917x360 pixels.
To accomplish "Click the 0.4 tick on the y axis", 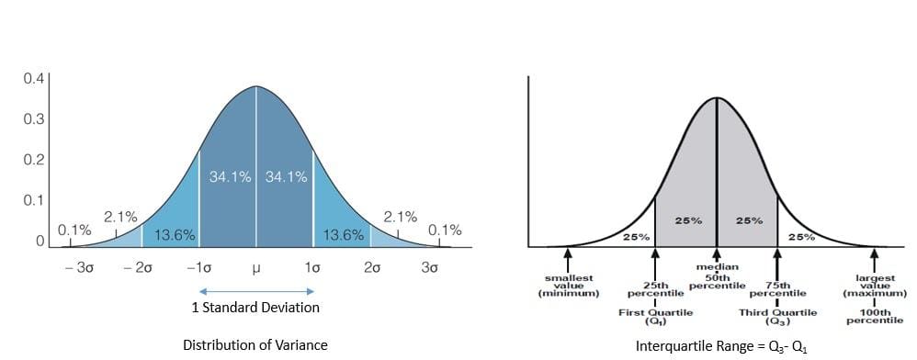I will click(x=32, y=79).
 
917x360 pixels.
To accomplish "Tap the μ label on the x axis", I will click(x=256, y=268).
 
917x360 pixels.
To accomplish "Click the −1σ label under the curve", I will click(x=198, y=268).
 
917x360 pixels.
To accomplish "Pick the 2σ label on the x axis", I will click(x=372, y=268).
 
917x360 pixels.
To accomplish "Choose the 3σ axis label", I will click(x=429, y=268).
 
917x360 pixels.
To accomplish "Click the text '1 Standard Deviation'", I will click(x=255, y=308).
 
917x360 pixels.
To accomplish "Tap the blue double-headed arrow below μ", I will click(x=256, y=290).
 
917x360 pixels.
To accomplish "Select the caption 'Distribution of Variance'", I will click(x=255, y=345).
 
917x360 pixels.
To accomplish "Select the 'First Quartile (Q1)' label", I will click(x=655, y=317).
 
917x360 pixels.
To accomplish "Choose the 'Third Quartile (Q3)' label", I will click(x=777, y=317).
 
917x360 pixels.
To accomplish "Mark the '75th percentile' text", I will click(x=777, y=289).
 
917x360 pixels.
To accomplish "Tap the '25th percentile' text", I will click(x=655, y=289).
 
